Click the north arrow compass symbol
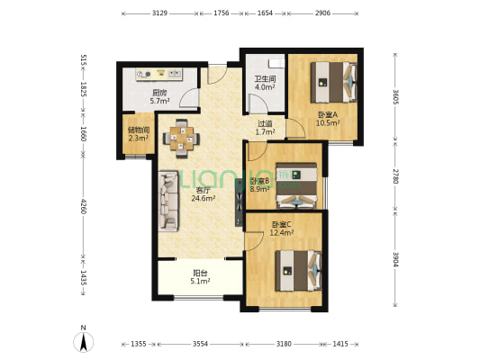(x=83, y=341)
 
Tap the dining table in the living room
(x=182, y=139)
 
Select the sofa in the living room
(x=168, y=201)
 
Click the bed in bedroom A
(x=334, y=82)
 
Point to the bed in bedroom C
(x=298, y=271)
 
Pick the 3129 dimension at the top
(x=159, y=13)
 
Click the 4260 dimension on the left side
(x=83, y=205)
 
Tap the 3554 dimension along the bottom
(x=200, y=344)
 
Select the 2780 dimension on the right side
(x=396, y=176)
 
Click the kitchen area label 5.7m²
(x=159, y=101)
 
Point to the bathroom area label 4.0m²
(x=265, y=87)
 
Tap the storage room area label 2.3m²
(x=139, y=139)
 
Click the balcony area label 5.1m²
(x=200, y=281)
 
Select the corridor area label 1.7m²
(x=265, y=132)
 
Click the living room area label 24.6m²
(x=204, y=199)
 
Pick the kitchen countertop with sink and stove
(x=158, y=74)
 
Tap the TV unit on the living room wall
(x=239, y=202)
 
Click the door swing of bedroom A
(x=295, y=129)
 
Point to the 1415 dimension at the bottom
(x=340, y=344)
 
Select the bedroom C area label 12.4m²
(x=282, y=233)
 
